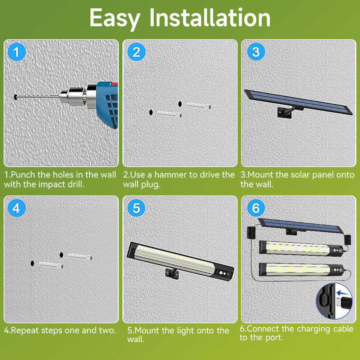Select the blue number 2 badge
(136, 52)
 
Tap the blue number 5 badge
(136, 208)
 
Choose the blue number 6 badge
(256, 208)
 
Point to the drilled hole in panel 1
(15, 96)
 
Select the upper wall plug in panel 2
(198, 105)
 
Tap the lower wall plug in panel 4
(50, 265)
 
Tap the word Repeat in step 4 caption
(25, 330)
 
